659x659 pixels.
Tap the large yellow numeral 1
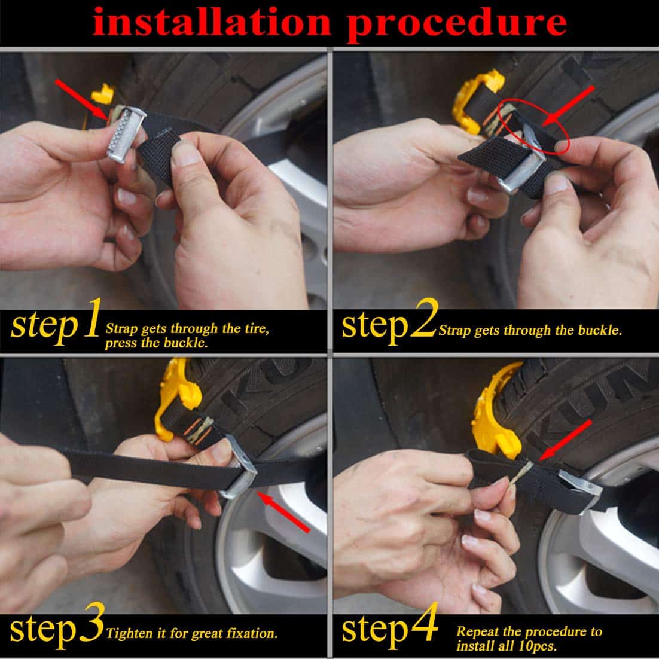coord(90,326)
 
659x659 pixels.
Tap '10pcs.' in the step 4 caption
coord(538,646)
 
